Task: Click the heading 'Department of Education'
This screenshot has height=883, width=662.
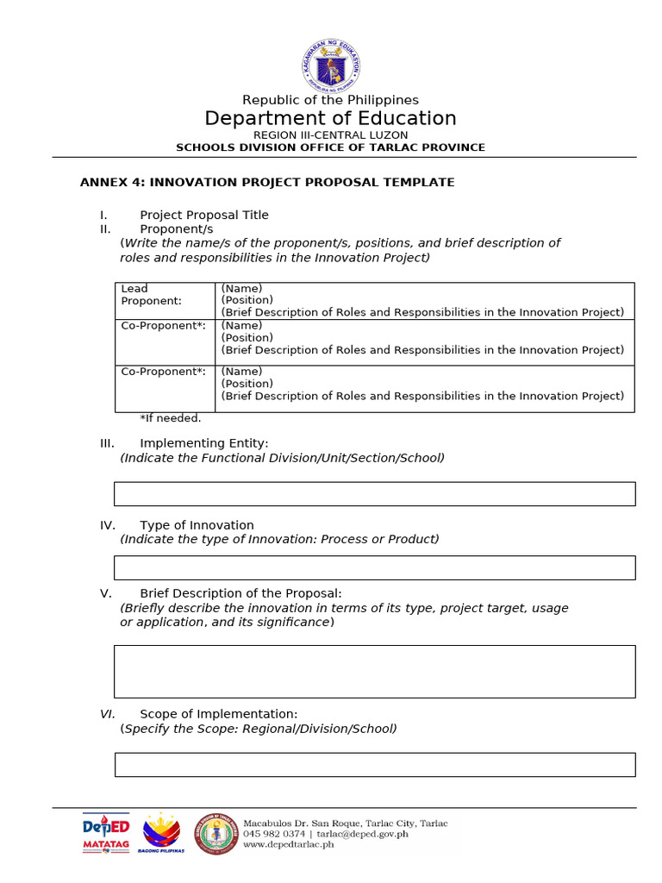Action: (x=330, y=119)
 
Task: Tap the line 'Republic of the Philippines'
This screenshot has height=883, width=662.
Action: (x=330, y=100)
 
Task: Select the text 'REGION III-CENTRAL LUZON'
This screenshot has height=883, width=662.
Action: (x=330, y=135)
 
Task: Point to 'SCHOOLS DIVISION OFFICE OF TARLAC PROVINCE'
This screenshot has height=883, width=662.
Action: (x=330, y=147)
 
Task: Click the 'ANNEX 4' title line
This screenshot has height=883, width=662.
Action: (x=267, y=183)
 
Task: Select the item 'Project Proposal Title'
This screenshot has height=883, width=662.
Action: (x=204, y=215)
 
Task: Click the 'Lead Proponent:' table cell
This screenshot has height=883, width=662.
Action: (x=165, y=295)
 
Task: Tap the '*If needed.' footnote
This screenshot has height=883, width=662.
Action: (x=171, y=418)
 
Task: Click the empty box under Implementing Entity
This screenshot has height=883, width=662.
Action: (x=374, y=493)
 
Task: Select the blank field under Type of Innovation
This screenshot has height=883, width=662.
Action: (x=374, y=567)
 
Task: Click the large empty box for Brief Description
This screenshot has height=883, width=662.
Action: (x=374, y=671)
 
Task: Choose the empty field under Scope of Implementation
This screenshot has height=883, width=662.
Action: (x=374, y=764)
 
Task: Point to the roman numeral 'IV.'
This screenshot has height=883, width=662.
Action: (x=108, y=525)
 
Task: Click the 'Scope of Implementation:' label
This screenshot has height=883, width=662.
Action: (x=219, y=714)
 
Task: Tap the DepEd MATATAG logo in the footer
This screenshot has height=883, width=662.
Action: (x=105, y=832)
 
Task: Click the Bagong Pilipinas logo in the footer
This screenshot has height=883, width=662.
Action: (x=161, y=833)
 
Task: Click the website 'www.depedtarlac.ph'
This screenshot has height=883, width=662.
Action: (x=288, y=844)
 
